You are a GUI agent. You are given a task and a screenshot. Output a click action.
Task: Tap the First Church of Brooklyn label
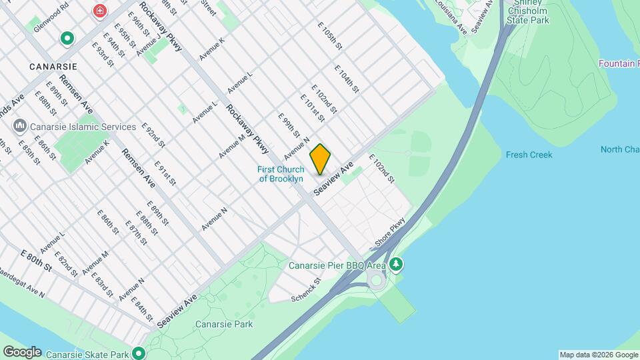pyautogui.click(x=281, y=174)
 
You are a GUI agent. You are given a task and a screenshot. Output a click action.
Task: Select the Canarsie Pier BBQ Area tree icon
pyautogui.click(x=397, y=265)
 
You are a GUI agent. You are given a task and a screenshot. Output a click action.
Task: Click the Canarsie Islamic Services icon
pyautogui.click(x=20, y=127)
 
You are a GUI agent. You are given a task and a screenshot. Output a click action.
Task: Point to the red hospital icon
pyautogui.click(x=100, y=11)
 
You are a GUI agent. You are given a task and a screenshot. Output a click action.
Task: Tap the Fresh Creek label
pyautogui.click(x=529, y=155)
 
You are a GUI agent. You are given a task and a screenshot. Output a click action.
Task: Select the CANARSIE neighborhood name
pyautogui.click(x=53, y=67)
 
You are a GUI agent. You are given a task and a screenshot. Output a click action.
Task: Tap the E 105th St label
pyautogui.click(x=330, y=38)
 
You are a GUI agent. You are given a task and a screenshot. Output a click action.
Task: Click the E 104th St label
pyautogui.click(x=347, y=79)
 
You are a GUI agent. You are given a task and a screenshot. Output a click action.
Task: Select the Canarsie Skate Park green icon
pyautogui.click(x=139, y=353)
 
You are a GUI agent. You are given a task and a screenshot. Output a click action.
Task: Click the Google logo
pyautogui.click(x=22, y=352)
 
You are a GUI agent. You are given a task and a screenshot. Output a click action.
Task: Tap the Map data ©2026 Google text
pyautogui.click(x=598, y=355)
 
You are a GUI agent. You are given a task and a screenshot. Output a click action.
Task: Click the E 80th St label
pyautogui.click(x=36, y=261)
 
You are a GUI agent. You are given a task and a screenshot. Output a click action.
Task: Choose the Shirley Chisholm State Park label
pyautogui.click(x=527, y=11)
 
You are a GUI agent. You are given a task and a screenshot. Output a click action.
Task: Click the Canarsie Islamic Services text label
pyautogui.click(x=83, y=127)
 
